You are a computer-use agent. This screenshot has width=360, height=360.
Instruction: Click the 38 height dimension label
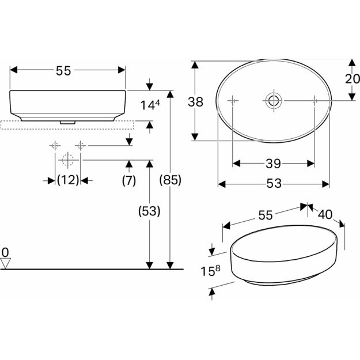click(195, 102)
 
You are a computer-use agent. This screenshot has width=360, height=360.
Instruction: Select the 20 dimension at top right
click(353, 79)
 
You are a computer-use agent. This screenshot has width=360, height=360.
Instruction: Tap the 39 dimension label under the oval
click(273, 164)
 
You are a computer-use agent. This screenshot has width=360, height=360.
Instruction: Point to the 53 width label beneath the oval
click(274, 183)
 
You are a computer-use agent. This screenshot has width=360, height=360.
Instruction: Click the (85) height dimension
click(170, 180)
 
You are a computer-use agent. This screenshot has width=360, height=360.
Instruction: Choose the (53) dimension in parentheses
click(149, 211)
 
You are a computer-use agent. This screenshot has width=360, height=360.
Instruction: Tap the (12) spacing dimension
click(68, 180)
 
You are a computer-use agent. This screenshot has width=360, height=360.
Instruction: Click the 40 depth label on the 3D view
click(325, 215)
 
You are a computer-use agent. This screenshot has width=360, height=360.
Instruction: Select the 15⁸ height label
click(211, 271)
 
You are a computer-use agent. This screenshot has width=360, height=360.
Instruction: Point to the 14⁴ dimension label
click(150, 105)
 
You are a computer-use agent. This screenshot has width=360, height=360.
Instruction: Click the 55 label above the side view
click(63, 71)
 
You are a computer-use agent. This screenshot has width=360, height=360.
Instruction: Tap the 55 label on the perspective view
click(266, 215)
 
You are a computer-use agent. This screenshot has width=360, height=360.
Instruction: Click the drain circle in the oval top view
click(274, 100)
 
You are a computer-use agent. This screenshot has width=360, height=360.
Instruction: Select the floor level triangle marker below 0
click(6, 263)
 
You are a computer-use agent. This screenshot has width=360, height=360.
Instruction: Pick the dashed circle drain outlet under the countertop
click(67, 160)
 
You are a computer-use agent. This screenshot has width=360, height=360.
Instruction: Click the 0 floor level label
click(5, 253)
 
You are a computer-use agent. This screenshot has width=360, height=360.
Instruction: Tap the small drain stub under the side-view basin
click(67, 123)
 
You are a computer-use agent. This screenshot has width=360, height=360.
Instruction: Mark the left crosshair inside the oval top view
click(233, 101)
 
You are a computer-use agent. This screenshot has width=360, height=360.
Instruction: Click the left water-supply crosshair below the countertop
click(55, 146)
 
